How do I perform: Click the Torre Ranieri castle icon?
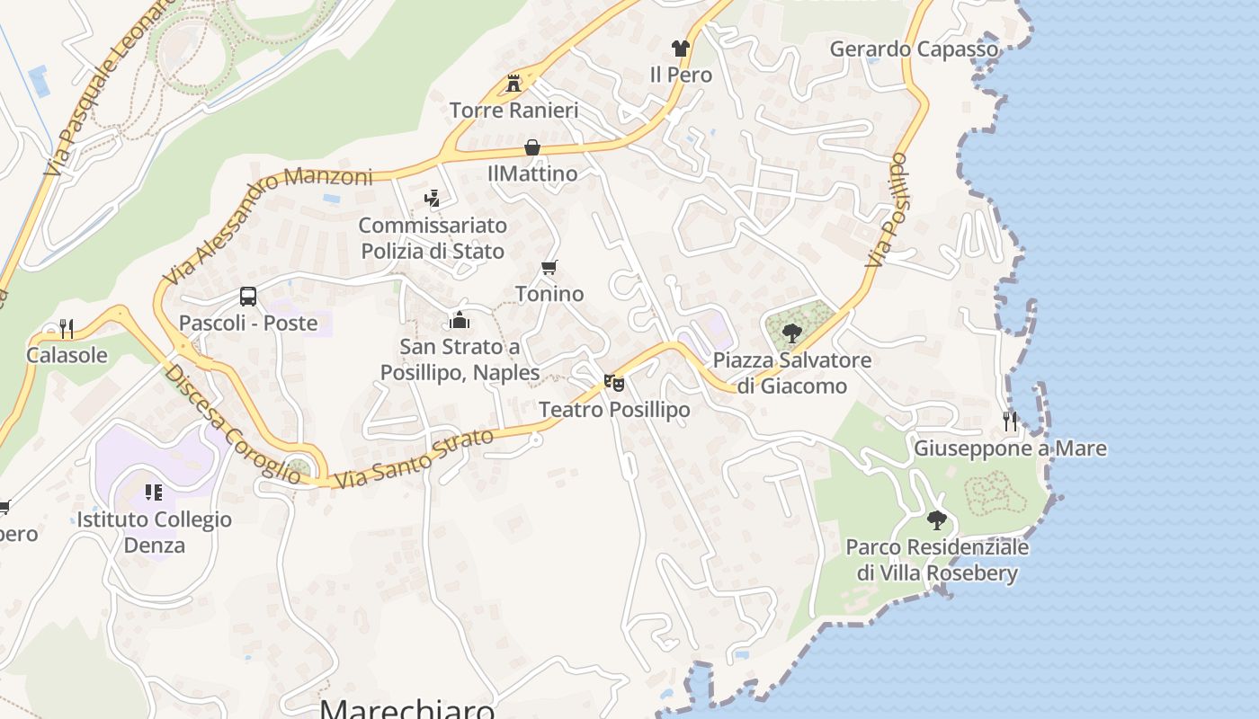[x=513, y=84]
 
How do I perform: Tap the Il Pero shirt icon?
[x=680, y=49]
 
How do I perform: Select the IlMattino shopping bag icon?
[x=532, y=147]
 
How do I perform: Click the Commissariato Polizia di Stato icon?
[x=432, y=198]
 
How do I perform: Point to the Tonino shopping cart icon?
[x=549, y=268]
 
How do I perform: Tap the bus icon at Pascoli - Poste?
[x=248, y=297]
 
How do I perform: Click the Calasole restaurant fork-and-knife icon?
[x=66, y=328]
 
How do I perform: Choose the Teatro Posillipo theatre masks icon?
[x=614, y=384]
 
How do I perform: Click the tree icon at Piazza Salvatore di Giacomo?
[x=791, y=334]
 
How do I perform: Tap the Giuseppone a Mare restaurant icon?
[x=1010, y=421]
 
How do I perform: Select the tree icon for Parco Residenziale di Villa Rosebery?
[x=937, y=519]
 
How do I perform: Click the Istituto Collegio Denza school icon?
[x=153, y=493]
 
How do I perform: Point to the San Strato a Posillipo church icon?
[x=460, y=320]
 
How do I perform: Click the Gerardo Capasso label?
[x=914, y=49]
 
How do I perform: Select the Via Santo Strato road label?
[x=414, y=459]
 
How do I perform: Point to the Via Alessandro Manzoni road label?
[x=268, y=225]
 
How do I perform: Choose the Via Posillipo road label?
[x=887, y=210]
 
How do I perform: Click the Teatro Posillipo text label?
[x=614, y=410]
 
